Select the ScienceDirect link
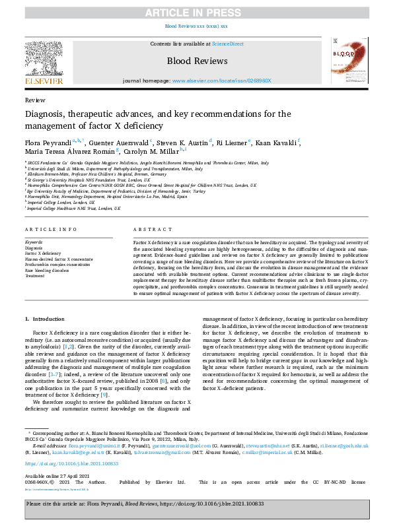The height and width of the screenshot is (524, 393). [227, 44]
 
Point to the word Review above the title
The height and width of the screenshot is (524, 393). [35, 100]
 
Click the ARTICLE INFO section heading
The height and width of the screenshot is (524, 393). [49, 229]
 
